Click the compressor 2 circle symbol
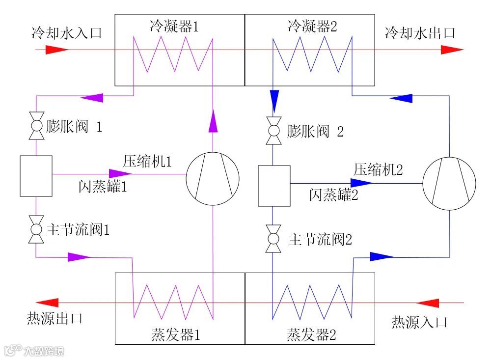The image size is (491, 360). tap(449, 183)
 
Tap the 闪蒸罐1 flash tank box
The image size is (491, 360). tap(36, 176)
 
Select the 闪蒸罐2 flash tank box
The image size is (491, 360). tap(274, 186)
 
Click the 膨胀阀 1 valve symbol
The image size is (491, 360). tap(36, 127)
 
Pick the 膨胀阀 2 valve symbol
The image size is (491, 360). tap(273, 131)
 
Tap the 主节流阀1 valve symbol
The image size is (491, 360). tap(36, 229)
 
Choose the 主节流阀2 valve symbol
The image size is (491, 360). tap(273, 240)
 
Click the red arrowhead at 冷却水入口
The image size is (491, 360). tap(57, 50)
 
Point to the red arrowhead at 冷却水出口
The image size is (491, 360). tap(451, 50)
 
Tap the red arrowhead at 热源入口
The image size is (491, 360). tap(427, 303)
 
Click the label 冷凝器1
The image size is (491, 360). tap(174, 27)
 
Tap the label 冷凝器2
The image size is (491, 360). tap(312, 27)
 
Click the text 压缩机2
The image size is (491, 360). tap(378, 170)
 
